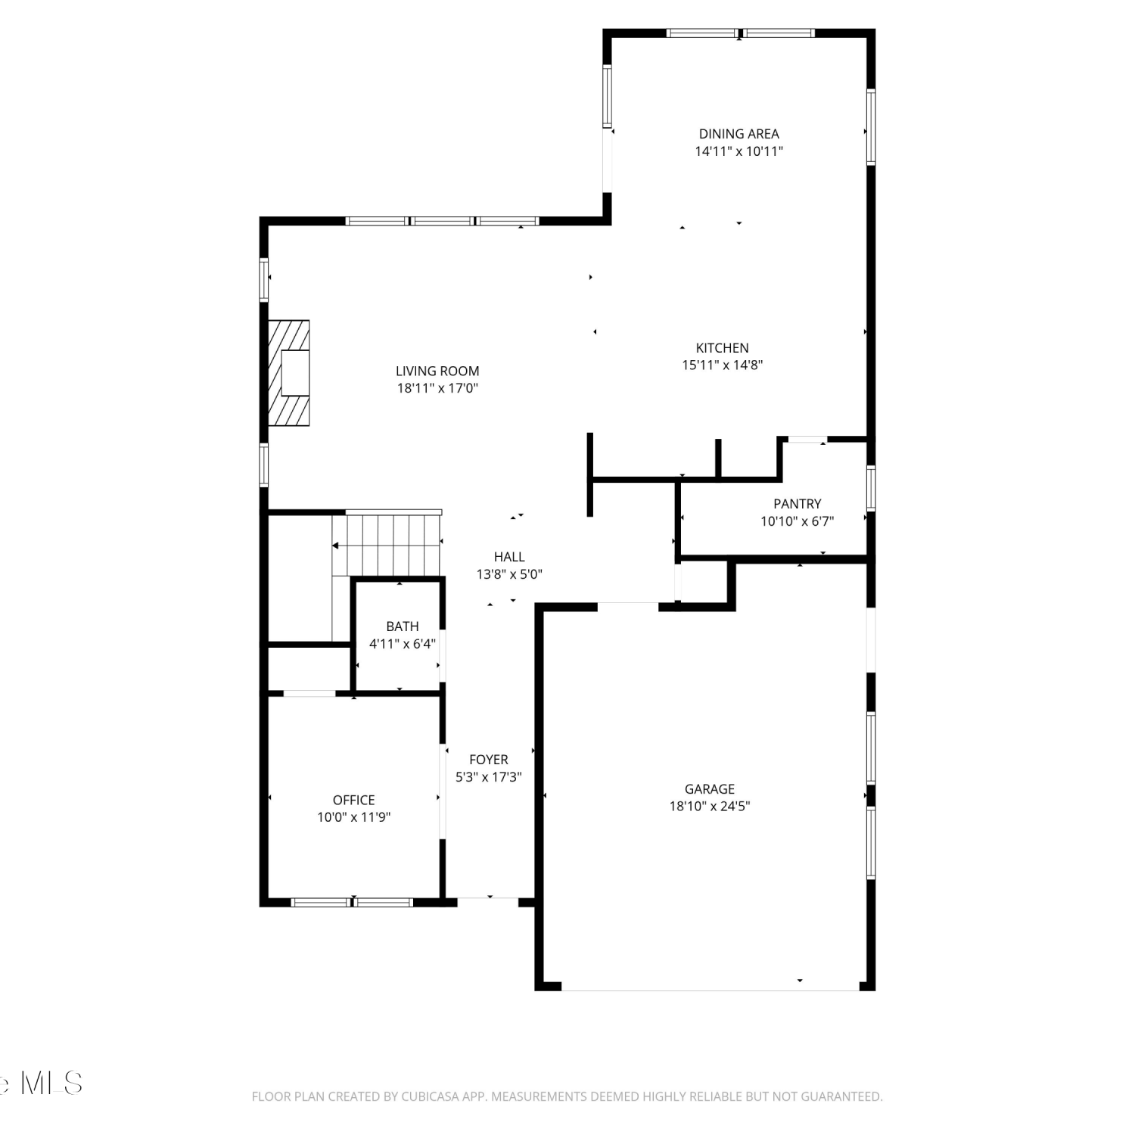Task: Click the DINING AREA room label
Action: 739,134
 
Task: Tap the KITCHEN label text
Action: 722,348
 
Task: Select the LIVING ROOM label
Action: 437,371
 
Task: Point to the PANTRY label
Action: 797,504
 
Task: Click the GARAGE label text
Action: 710,789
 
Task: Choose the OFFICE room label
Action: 353,800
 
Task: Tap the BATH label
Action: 402,627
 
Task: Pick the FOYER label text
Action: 488,760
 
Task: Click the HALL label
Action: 509,557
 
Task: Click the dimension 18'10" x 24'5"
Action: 710,807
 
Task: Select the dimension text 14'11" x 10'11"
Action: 739,151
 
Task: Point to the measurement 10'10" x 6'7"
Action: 797,521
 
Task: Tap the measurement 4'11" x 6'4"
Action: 402,644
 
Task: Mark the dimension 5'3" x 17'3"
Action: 488,777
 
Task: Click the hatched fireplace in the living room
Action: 289,373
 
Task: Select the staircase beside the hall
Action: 387,544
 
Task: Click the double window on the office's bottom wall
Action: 353,902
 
